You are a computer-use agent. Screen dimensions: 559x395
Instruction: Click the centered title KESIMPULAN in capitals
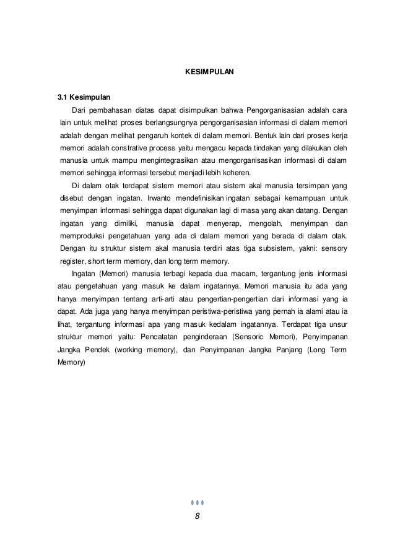210,72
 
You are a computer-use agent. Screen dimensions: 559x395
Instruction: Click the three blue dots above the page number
197,502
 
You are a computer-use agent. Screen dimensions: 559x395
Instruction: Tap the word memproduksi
81,236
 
